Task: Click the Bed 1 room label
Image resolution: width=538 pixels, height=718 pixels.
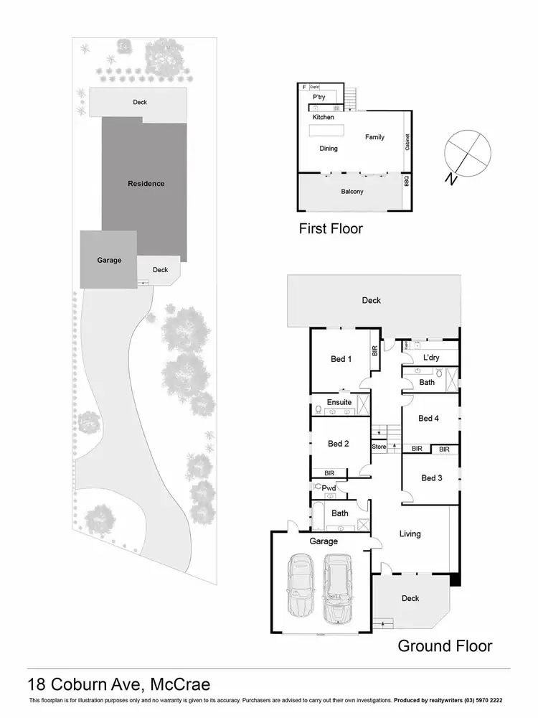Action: click(340, 359)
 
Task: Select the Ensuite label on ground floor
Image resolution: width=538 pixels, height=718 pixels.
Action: click(339, 402)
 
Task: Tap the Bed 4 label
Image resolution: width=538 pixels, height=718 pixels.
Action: click(428, 418)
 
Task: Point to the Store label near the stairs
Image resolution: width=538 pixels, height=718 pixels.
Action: click(379, 447)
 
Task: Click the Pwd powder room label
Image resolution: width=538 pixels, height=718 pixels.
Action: click(329, 488)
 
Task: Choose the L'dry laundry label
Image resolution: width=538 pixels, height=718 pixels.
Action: click(431, 357)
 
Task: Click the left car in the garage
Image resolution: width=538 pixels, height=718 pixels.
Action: click(302, 587)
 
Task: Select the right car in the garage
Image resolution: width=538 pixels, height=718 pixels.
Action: click(338, 587)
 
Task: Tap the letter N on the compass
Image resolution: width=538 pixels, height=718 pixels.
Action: click(450, 179)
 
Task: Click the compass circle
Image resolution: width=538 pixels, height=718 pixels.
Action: click(468, 152)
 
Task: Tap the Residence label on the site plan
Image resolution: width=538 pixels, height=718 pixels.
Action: click(146, 184)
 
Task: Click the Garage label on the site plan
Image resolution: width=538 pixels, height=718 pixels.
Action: click(109, 260)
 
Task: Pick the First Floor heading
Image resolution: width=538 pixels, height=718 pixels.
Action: click(331, 229)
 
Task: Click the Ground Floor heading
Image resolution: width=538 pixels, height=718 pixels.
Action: click(445, 645)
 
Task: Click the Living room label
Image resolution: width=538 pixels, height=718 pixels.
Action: click(410, 533)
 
